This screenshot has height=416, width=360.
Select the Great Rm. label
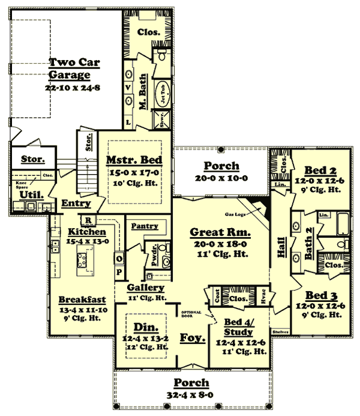tap(220, 232)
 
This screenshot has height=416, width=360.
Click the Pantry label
tap(145, 226)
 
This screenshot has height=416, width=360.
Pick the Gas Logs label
tap(238, 214)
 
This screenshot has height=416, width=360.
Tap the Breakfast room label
tap(83, 299)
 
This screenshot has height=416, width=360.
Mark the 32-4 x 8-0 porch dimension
tap(192, 394)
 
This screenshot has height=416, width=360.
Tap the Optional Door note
tap(190, 312)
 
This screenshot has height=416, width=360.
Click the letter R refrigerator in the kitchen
tap(87, 220)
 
